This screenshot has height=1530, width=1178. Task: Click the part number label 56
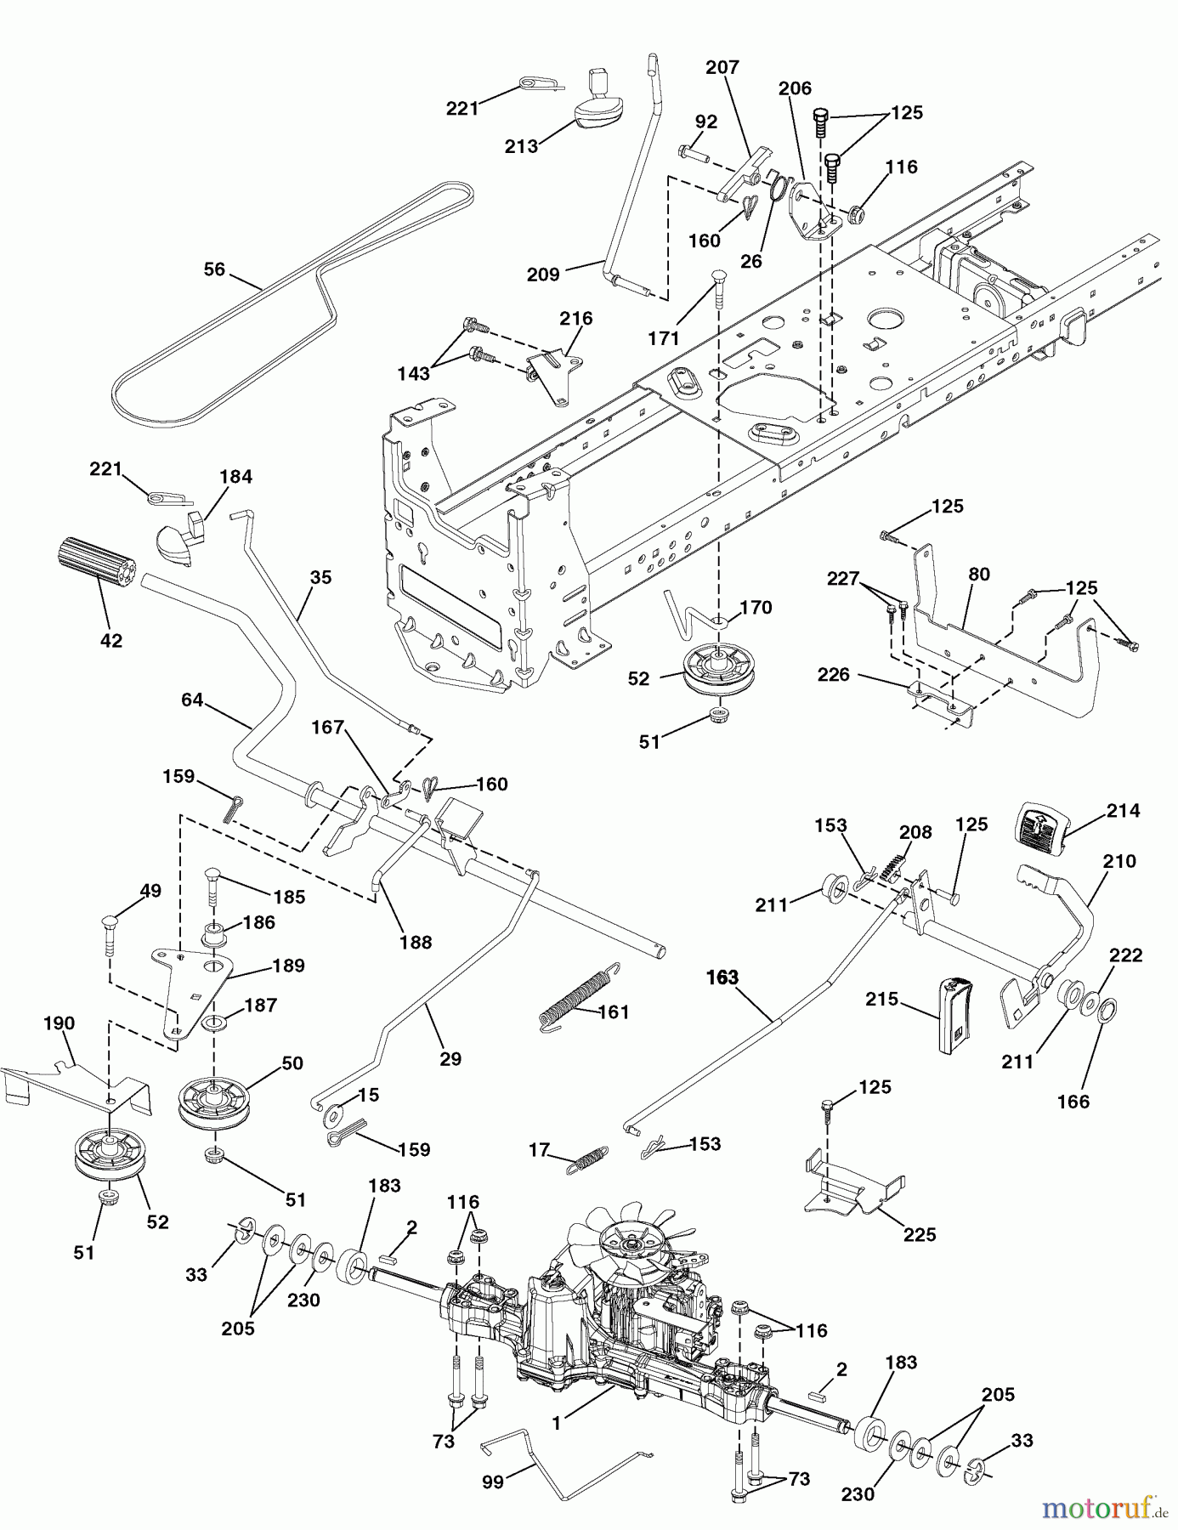[x=214, y=269]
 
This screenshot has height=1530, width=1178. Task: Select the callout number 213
[x=521, y=146]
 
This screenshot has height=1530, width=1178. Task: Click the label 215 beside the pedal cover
[x=881, y=999]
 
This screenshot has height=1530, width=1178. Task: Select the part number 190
[x=59, y=1023]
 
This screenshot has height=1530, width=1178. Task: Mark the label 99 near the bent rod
[x=493, y=1482]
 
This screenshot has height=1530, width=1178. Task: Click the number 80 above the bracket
[x=979, y=574]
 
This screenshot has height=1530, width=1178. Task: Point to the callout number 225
[x=920, y=1234]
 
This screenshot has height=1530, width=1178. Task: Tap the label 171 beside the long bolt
[x=664, y=338]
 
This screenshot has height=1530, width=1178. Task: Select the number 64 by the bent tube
[x=192, y=700]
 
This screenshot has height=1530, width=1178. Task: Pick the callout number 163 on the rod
[x=722, y=977]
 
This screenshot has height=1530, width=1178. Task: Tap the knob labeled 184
[x=181, y=536]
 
